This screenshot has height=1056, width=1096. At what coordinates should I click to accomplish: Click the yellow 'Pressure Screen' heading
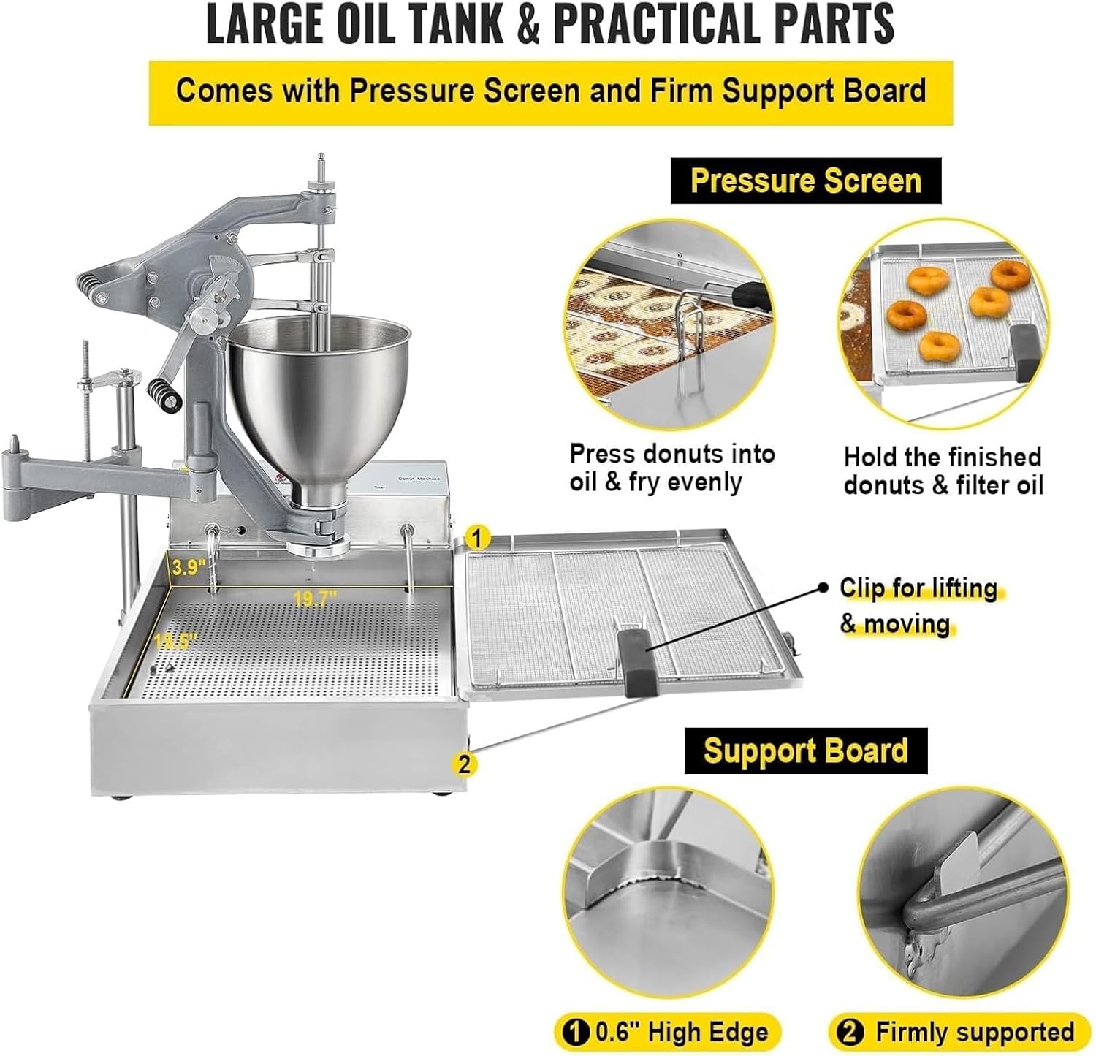[x=805, y=181]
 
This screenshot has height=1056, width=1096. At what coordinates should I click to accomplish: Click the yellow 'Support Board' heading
[x=805, y=751]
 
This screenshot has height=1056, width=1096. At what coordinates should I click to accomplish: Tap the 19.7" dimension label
[x=315, y=599]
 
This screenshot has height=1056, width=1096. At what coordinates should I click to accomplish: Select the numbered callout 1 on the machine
[x=477, y=539]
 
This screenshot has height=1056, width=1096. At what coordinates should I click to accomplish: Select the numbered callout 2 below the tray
[x=463, y=764]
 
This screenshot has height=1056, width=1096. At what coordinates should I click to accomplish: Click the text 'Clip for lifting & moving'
[x=918, y=606]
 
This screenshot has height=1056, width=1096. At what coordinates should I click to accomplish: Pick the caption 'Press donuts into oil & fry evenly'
[x=671, y=468]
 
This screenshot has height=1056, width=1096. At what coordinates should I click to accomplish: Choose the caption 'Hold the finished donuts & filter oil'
[x=943, y=471]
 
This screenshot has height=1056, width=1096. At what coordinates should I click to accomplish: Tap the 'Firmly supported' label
[x=962, y=1032]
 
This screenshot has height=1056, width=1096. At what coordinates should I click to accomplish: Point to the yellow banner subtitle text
[x=551, y=91]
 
